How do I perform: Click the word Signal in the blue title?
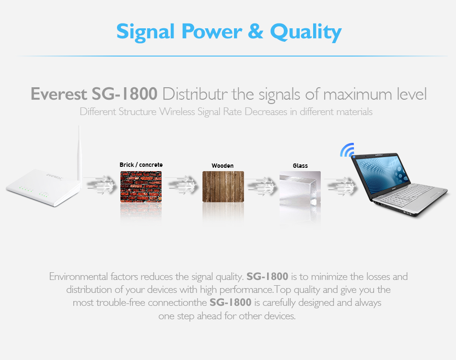click(x=145, y=32)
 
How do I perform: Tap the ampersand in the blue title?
click(x=256, y=31)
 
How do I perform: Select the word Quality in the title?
click(x=306, y=32)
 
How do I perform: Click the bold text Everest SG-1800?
click(x=94, y=94)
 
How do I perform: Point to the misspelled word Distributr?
click(x=195, y=94)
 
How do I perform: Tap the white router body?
click(x=43, y=187)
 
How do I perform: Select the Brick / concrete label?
click(x=141, y=164)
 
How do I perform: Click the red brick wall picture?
click(x=141, y=186)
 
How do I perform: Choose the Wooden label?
click(x=222, y=166)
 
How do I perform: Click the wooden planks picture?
click(x=223, y=186)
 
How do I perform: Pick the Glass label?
click(x=300, y=166)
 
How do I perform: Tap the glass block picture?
click(x=300, y=189)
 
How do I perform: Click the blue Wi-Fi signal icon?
click(x=348, y=150)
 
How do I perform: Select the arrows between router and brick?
click(x=100, y=185)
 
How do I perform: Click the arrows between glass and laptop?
click(x=341, y=185)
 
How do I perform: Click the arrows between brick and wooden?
click(x=182, y=185)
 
